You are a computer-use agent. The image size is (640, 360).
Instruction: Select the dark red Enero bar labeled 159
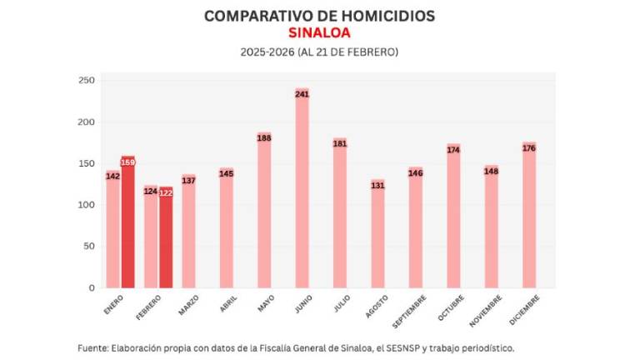click(x=127, y=225)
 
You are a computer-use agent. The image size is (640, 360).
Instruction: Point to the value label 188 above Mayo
click(x=264, y=138)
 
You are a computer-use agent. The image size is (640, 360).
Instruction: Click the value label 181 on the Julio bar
click(x=340, y=144)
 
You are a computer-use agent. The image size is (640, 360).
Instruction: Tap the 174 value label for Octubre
click(x=453, y=150)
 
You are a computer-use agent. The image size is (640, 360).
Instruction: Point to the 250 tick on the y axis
click(x=86, y=81)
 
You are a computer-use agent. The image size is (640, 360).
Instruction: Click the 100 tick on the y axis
click(x=86, y=205)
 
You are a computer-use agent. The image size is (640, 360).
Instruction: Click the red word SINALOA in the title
click(x=319, y=33)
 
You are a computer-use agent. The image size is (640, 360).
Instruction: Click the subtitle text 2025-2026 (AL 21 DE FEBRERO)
click(x=319, y=52)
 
